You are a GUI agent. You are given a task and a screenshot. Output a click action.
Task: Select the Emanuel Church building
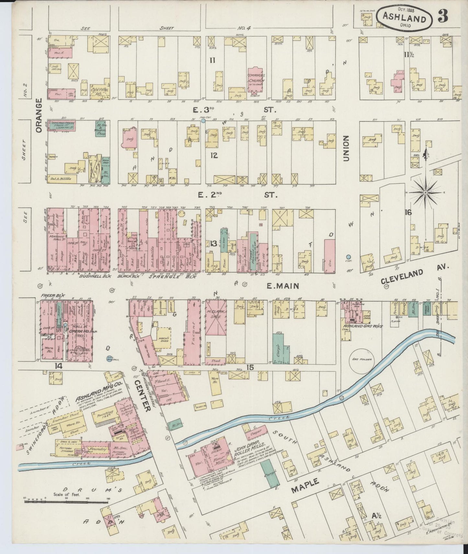[257, 80]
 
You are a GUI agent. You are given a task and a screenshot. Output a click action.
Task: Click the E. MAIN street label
[278, 285]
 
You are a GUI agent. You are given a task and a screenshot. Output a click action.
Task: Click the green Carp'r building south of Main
[280, 349]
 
